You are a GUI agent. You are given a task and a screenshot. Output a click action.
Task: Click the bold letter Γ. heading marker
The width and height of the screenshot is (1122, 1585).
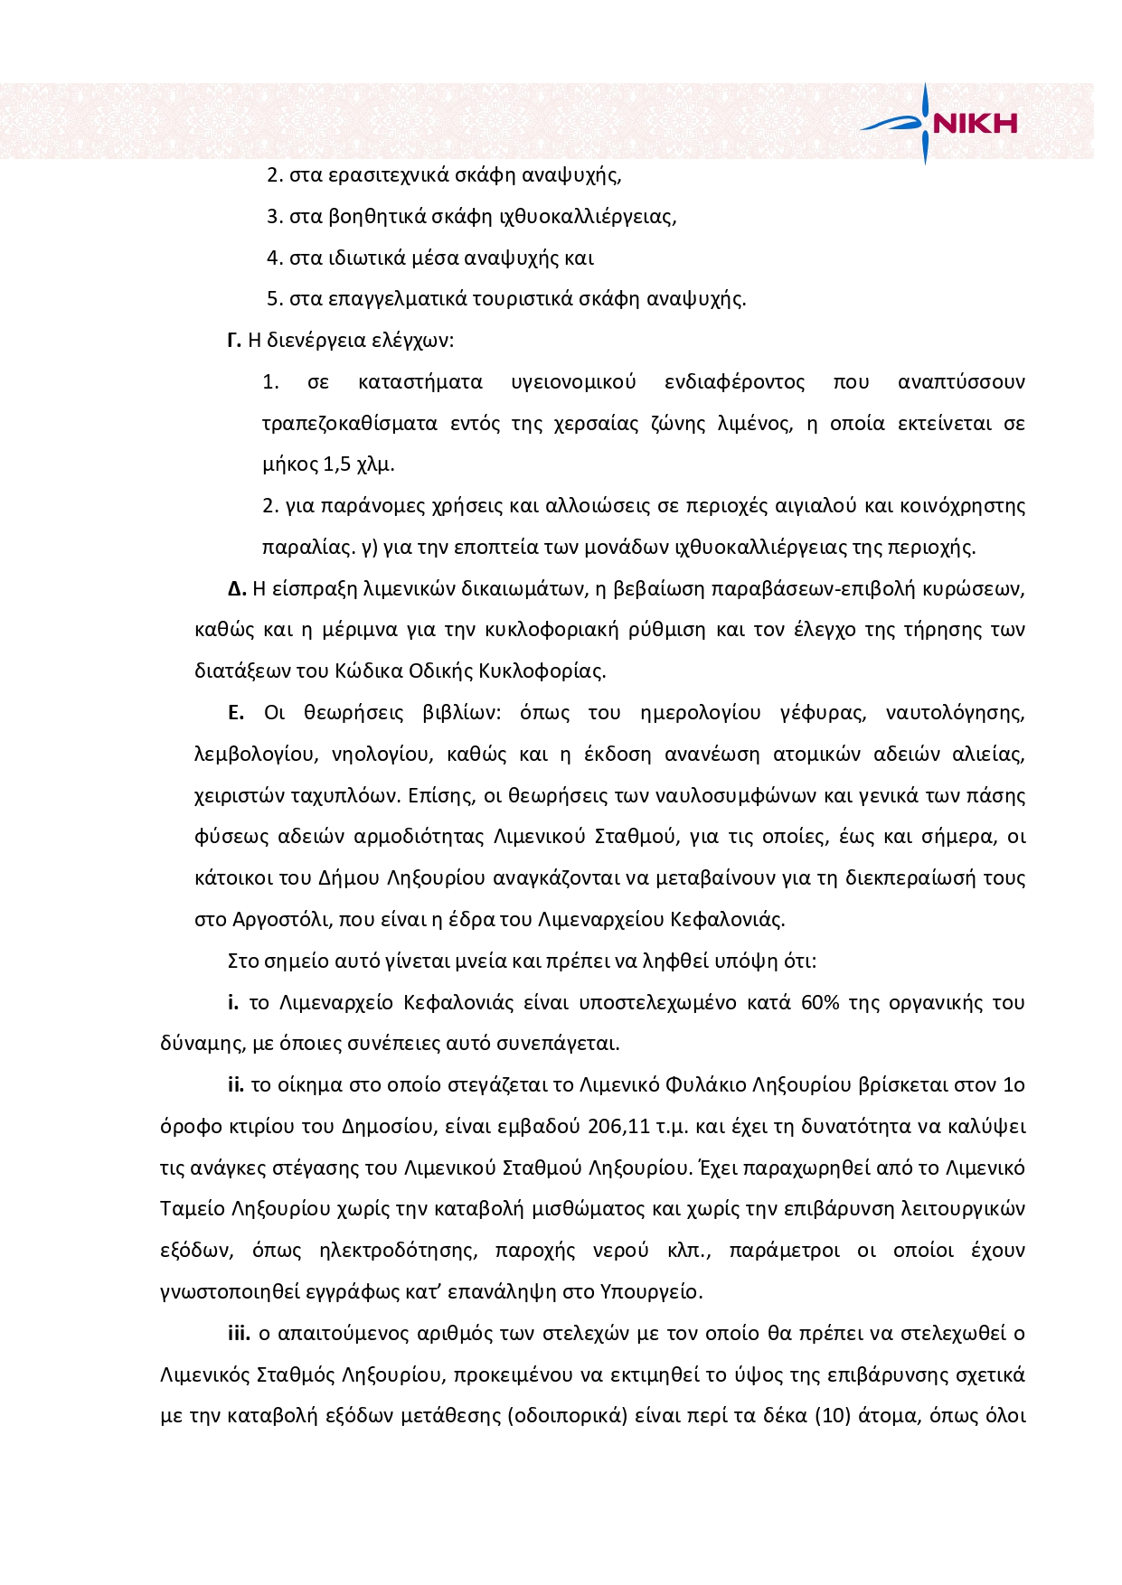(x=233, y=341)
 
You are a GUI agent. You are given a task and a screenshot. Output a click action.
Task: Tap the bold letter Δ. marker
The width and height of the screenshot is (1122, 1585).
(x=237, y=589)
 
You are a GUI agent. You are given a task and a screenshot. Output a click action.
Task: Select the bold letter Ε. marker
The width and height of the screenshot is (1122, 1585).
(x=236, y=713)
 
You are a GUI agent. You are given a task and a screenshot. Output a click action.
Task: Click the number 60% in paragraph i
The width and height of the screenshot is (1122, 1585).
(x=820, y=1002)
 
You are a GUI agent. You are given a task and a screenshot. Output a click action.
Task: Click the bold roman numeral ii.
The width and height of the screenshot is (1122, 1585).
(x=236, y=1085)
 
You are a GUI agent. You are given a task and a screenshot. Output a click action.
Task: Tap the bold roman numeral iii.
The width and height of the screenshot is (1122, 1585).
(x=239, y=1334)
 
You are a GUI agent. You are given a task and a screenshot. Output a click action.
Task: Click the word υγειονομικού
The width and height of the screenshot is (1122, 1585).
(x=573, y=382)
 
